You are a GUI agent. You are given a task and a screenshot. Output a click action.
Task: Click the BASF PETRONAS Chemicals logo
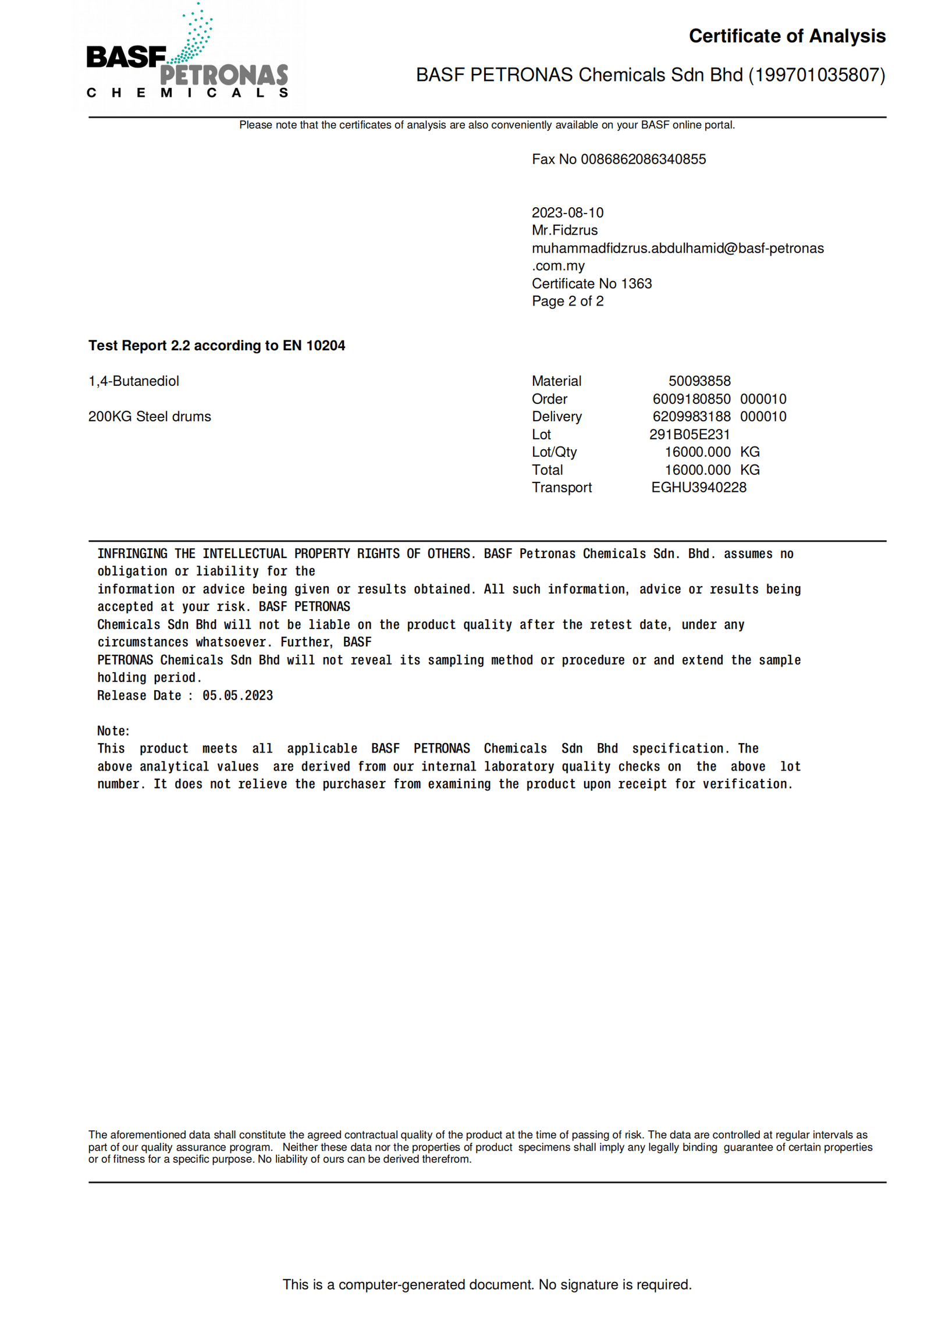tap(187, 55)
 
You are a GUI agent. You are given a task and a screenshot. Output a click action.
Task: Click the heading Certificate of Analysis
tap(786, 36)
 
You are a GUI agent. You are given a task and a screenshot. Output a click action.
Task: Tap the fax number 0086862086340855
tap(642, 159)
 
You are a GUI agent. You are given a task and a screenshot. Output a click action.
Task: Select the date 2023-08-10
tap(567, 212)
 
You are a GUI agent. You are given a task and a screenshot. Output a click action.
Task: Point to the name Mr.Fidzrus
tap(564, 230)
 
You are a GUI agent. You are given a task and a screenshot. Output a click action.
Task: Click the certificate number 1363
tap(636, 283)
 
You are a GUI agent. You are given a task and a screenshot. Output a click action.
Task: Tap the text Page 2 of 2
tap(567, 301)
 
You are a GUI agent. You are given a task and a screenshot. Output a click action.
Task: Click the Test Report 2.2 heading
tap(216, 345)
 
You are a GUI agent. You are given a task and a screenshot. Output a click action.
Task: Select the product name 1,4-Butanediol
tap(133, 381)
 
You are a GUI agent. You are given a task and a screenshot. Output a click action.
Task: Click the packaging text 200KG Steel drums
tap(149, 416)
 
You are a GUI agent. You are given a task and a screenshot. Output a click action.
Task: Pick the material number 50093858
tap(699, 381)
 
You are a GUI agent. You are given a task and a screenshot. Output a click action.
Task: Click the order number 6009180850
tap(691, 399)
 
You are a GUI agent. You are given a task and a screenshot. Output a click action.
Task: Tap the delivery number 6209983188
tap(691, 416)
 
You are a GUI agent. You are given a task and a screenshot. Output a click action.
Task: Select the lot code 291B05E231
tap(689, 434)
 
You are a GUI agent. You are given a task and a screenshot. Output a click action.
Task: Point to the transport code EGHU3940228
tap(698, 487)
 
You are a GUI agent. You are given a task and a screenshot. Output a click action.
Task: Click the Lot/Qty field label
tap(553, 452)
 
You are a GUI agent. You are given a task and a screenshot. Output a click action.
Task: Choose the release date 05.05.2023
tap(237, 695)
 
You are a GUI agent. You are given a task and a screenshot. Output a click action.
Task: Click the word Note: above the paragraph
tap(113, 731)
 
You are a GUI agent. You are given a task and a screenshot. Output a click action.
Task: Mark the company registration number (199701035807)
tap(816, 74)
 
